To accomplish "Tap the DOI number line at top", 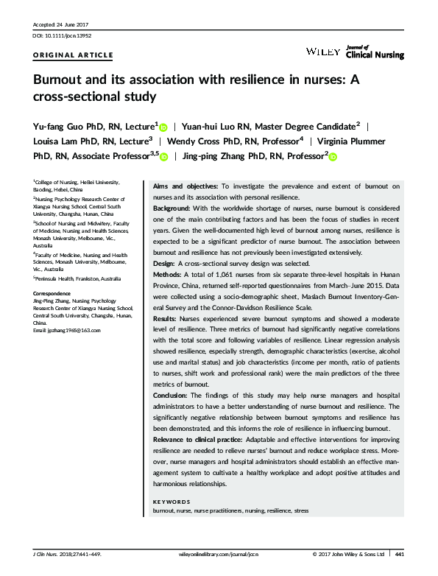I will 63,35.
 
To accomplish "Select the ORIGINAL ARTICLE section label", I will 74,55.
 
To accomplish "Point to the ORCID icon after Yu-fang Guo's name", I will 163,127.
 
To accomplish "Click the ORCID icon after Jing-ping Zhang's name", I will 332,156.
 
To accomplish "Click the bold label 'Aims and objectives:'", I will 182,186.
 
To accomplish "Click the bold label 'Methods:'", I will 168,275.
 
